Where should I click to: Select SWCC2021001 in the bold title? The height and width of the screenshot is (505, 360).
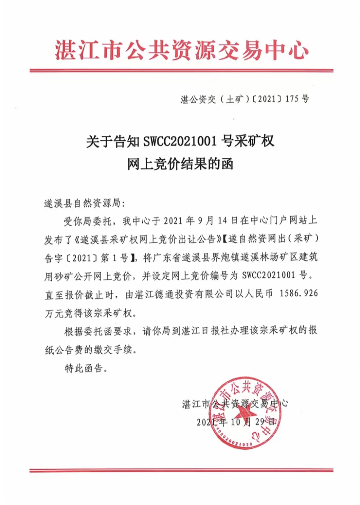pyautogui.click(x=181, y=143)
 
